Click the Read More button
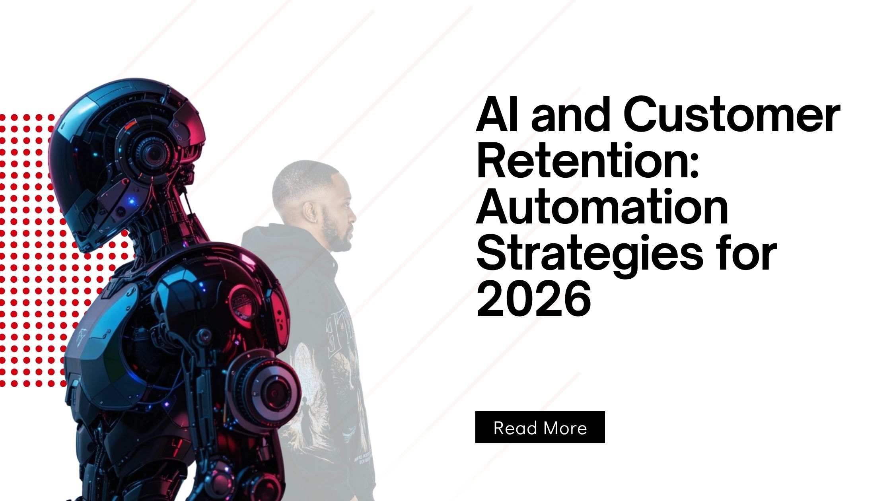[x=540, y=427]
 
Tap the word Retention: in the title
[x=587, y=161]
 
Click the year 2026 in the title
[x=533, y=300]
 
